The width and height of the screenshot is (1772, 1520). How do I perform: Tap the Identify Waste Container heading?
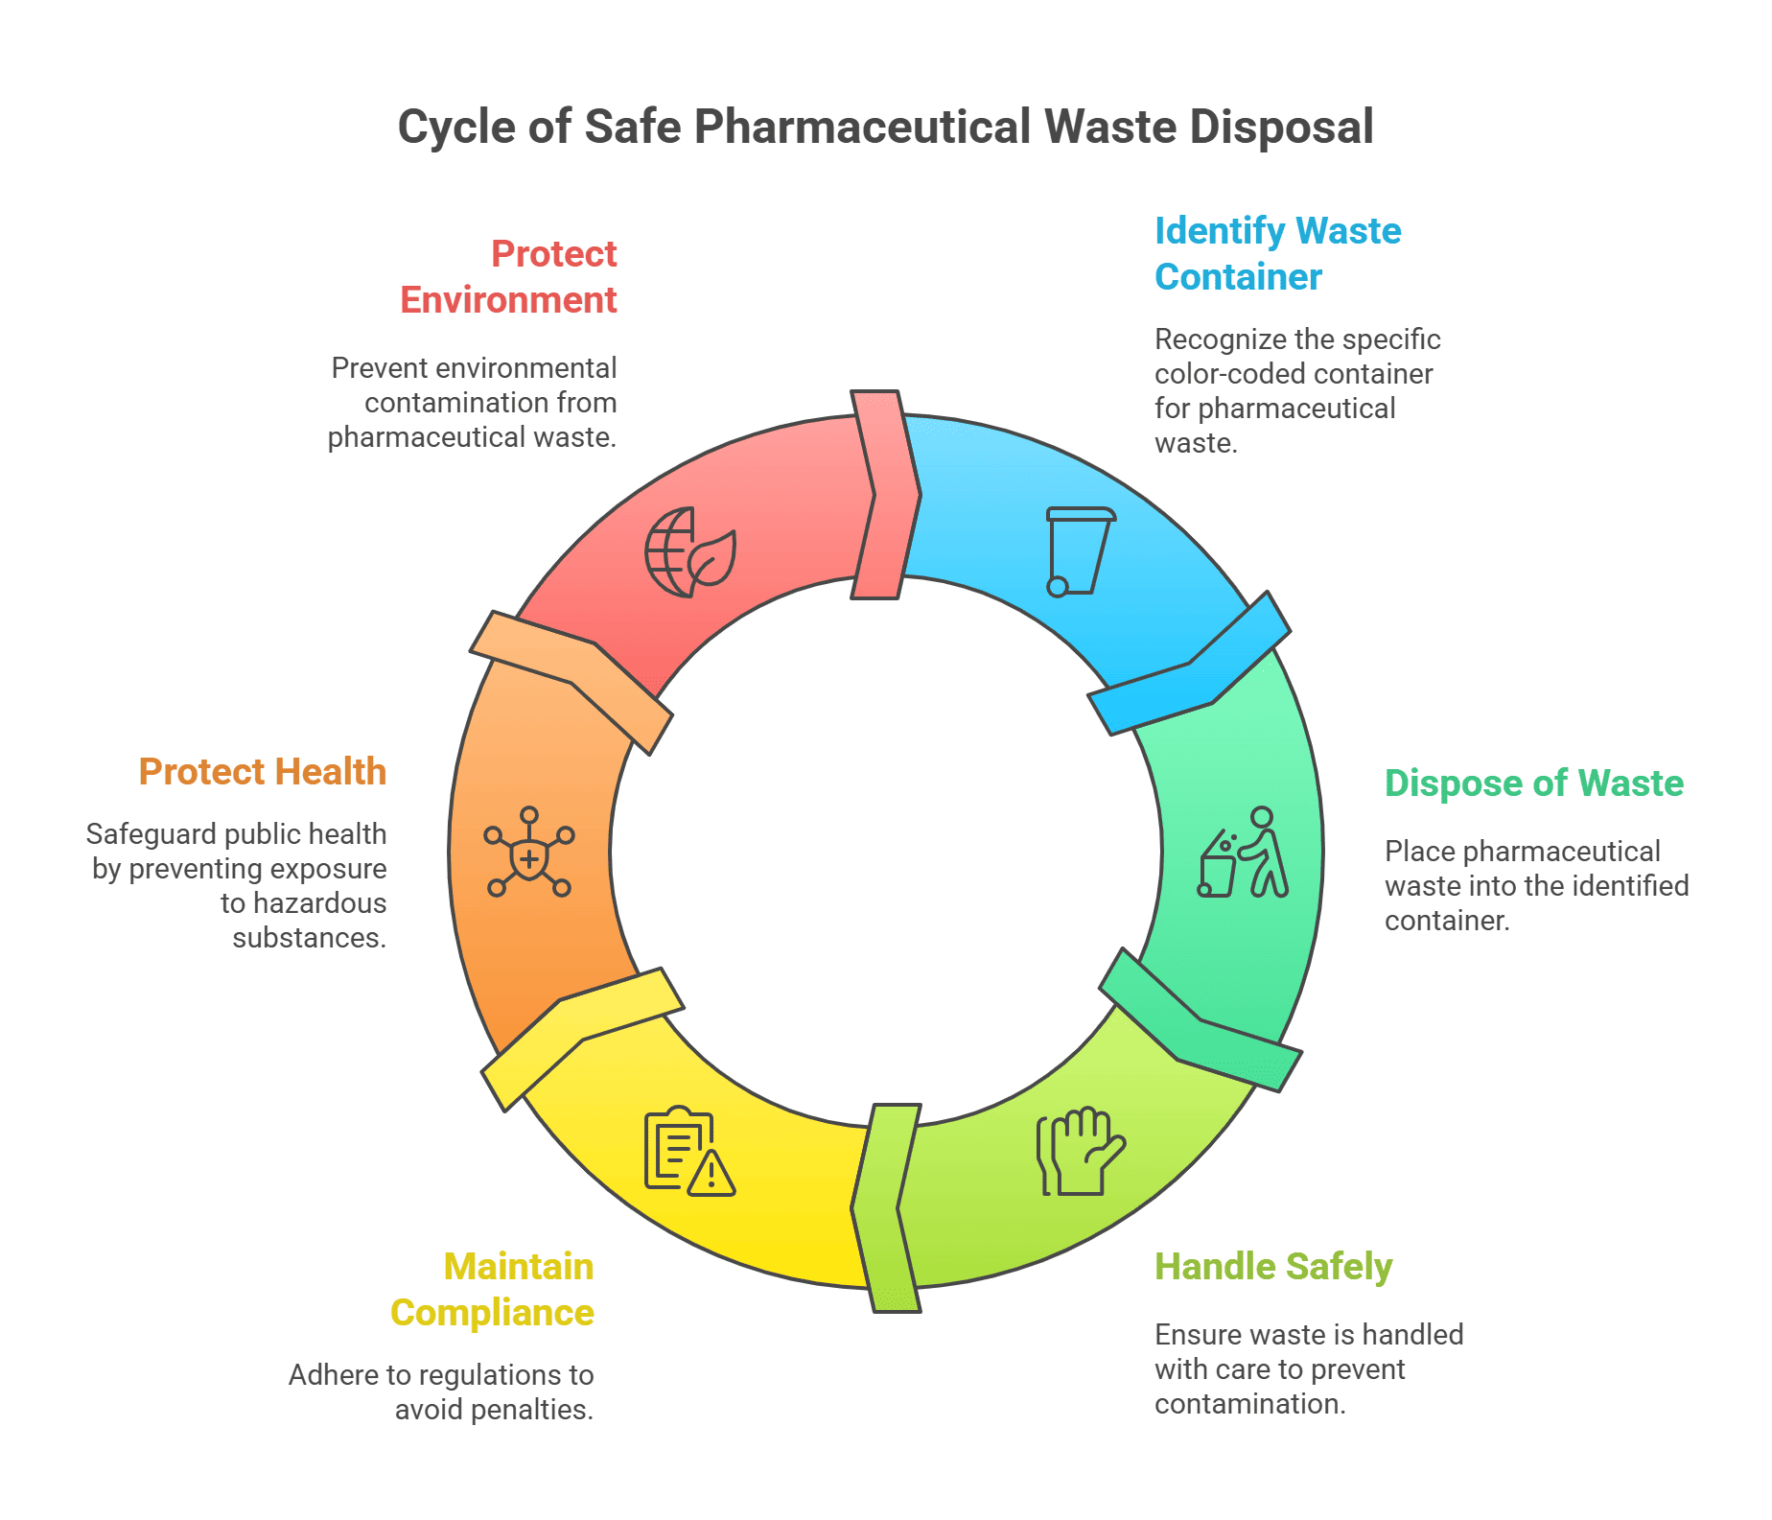[x=1276, y=254]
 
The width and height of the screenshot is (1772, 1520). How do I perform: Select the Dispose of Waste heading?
[x=1533, y=783]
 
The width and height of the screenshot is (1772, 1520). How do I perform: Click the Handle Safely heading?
[x=1272, y=1267]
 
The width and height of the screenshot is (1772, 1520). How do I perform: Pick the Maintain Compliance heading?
[x=492, y=1290]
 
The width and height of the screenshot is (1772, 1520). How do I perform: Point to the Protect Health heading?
[x=262, y=772]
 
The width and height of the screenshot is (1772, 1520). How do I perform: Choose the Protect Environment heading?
[x=508, y=277]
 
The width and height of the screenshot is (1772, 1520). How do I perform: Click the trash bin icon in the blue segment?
[x=1079, y=551]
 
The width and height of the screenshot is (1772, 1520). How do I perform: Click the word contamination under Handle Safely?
[x=1249, y=1404]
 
